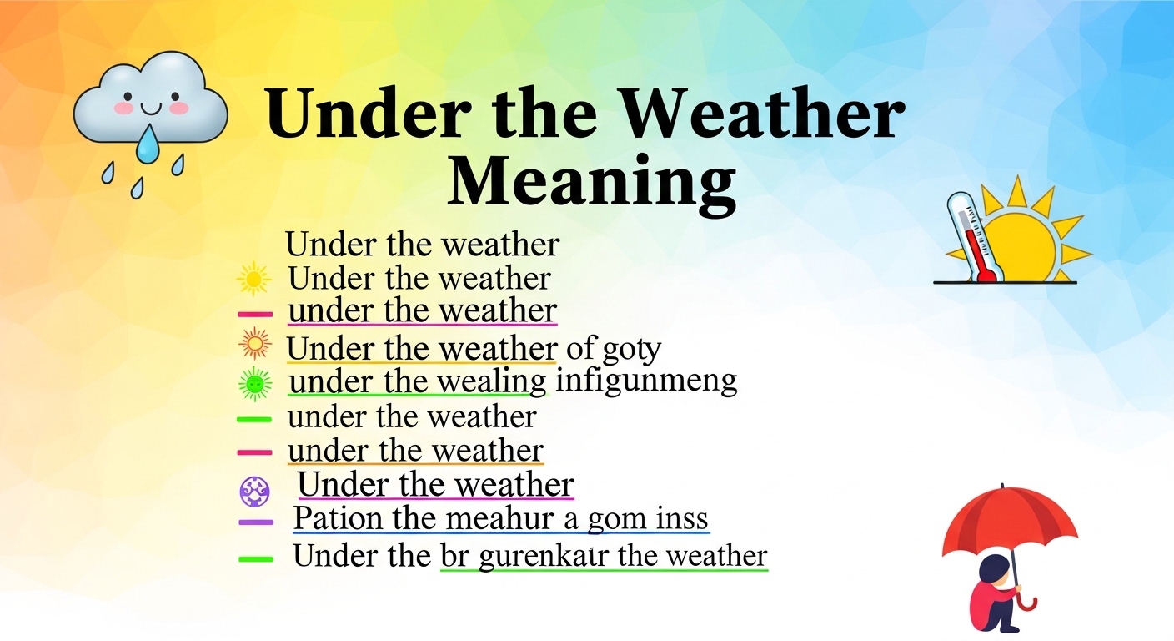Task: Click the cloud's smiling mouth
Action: click(150, 107)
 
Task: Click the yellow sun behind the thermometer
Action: click(1024, 242)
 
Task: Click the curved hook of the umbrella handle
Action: click(1031, 602)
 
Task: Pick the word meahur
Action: click(496, 519)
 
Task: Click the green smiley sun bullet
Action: click(255, 383)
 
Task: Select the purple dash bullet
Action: click(256, 522)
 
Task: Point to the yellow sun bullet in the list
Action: click(253, 278)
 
